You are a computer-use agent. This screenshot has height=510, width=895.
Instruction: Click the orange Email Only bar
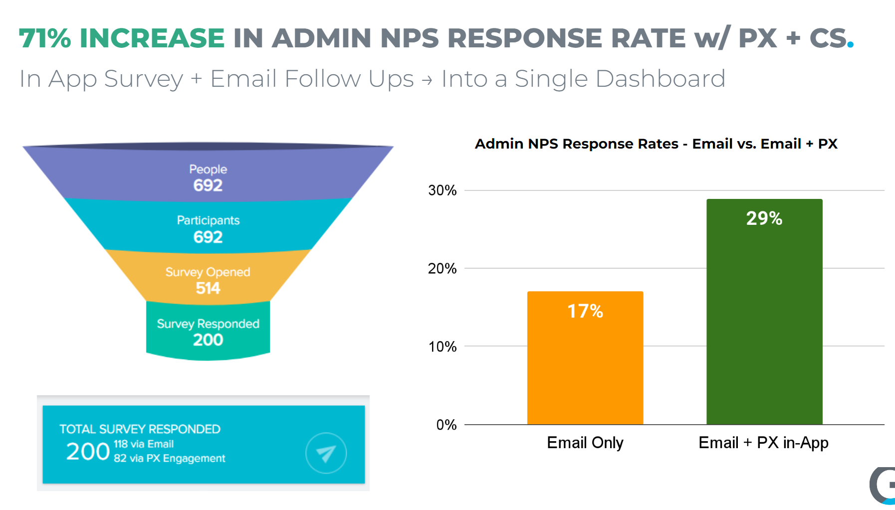[x=585, y=358]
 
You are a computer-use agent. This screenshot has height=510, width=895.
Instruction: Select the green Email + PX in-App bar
[x=764, y=312]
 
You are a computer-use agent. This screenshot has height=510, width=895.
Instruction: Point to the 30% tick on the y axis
[x=443, y=190]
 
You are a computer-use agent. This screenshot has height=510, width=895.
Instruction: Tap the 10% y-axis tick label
[x=443, y=346]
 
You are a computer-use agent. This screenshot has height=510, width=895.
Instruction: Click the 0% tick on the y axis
[x=447, y=425]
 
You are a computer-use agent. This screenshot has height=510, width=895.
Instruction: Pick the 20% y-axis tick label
[x=443, y=268]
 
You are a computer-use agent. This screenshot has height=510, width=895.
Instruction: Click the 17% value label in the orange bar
[x=585, y=311]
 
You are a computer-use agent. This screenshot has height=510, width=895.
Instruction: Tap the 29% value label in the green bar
[x=764, y=218]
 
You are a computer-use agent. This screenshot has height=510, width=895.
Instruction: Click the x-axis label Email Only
[x=585, y=443]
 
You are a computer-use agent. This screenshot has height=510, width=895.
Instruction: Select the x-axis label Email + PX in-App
[x=763, y=443]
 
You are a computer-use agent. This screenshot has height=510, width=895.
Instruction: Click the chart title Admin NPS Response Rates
[x=576, y=144]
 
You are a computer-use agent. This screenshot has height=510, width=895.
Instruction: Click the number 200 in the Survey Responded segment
[x=208, y=340]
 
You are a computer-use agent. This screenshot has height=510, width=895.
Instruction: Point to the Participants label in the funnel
[x=208, y=220]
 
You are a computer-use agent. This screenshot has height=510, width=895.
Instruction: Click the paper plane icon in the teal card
[x=326, y=453]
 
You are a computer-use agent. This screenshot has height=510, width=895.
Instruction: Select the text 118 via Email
[x=144, y=444]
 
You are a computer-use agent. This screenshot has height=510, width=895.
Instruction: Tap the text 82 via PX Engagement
[x=170, y=458]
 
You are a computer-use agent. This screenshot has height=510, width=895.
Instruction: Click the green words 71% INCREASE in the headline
[x=122, y=38]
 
